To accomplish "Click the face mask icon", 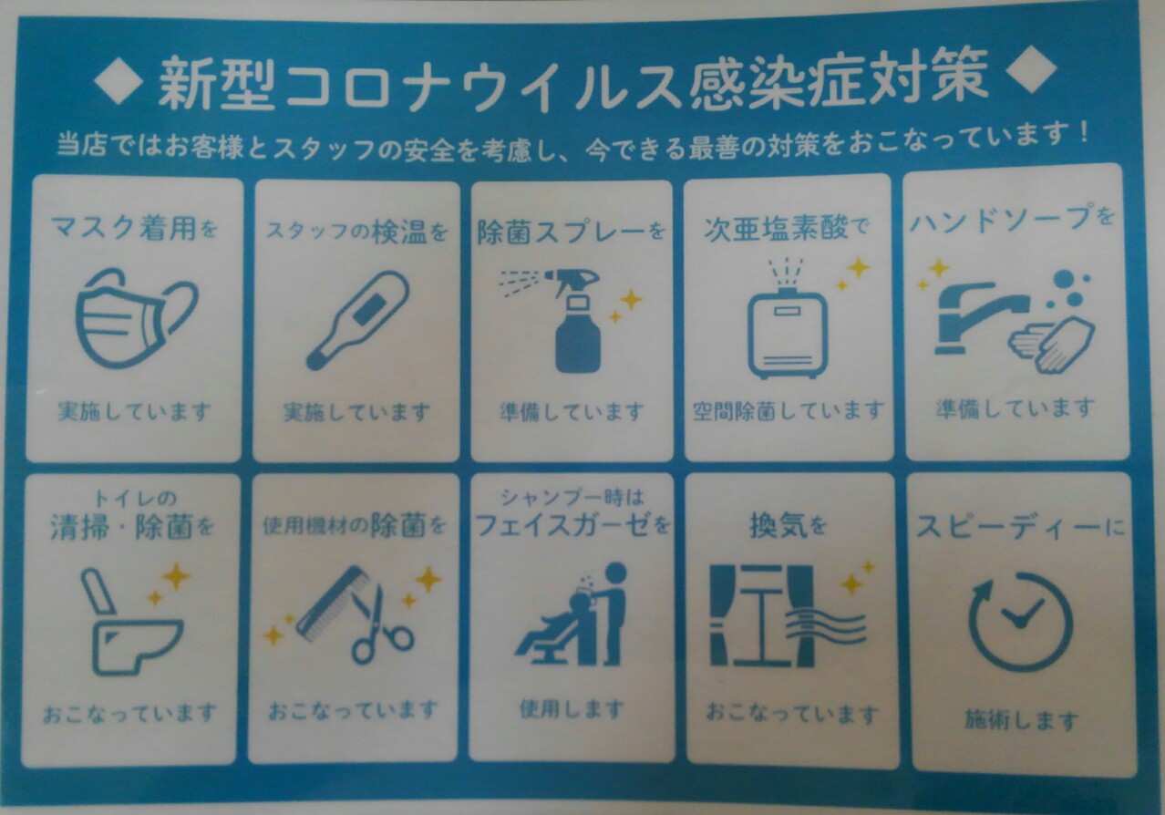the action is click(x=136, y=318).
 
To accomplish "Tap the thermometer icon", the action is click(x=357, y=320).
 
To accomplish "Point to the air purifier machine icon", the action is click(x=787, y=333).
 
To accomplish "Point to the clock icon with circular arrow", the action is click(x=1020, y=622).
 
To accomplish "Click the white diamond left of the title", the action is click(x=119, y=80).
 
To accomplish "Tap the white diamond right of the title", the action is click(x=1031, y=69).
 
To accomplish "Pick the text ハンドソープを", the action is click(x=1012, y=220).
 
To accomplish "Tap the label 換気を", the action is click(x=788, y=525).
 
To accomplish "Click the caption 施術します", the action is click(x=1021, y=720).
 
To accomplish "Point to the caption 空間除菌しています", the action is click(x=788, y=411).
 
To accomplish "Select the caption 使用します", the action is click(x=572, y=709).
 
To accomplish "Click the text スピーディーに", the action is click(x=1019, y=527).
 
